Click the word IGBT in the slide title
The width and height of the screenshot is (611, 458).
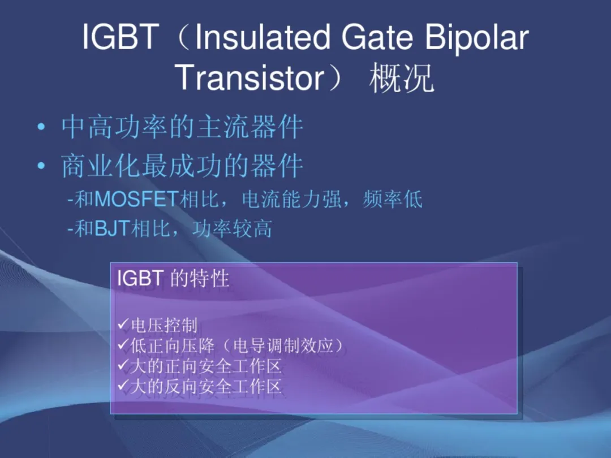(x=121, y=36)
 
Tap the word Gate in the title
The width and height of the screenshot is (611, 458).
(x=377, y=36)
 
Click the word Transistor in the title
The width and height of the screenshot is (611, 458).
(x=250, y=77)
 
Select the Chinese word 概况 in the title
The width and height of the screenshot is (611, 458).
(x=402, y=78)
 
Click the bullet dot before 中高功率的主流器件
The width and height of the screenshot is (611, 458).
(x=41, y=127)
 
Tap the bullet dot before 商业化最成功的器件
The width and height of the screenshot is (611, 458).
(x=41, y=166)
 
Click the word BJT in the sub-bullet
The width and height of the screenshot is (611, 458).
(x=112, y=228)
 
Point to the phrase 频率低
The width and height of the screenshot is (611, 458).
(x=393, y=199)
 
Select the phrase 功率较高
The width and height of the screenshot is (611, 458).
(x=233, y=228)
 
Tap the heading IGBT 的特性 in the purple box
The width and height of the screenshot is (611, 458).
(x=173, y=278)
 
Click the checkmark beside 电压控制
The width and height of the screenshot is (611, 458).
(x=123, y=324)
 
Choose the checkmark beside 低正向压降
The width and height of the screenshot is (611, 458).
(x=123, y=344)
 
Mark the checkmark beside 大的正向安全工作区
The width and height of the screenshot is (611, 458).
(x=123, y=365)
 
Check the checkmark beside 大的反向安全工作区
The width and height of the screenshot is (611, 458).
(x=123, y=386)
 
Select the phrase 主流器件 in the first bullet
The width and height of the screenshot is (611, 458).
(x=250, y=127)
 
